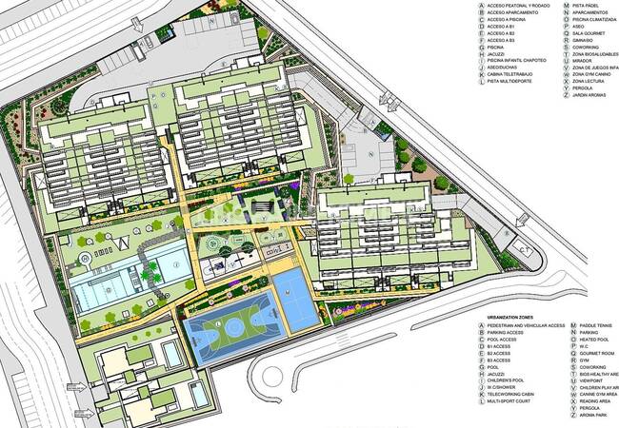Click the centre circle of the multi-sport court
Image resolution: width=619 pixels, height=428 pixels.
232,326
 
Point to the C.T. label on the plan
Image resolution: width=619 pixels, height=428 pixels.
524,250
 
